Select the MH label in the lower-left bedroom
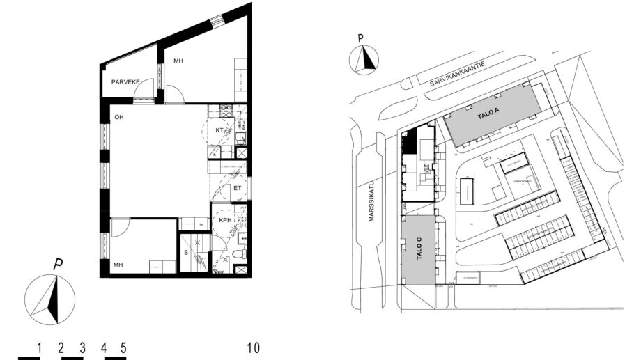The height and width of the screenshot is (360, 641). tap(118, 265)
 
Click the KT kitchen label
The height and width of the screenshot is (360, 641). tap(219, 131)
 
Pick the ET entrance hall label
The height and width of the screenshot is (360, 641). tap(238, 187)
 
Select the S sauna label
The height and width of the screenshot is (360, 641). tap(186, 253)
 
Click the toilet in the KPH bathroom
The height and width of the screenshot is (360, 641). tap(238, 256)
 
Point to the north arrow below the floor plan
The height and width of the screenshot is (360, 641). tap(49, 299)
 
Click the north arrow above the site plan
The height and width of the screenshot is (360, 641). tap(364, 59)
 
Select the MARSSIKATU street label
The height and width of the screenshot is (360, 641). tap(371, 203)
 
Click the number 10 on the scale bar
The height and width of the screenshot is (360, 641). tap(254, 347)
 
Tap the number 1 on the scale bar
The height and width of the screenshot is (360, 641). tap(40, 347)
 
